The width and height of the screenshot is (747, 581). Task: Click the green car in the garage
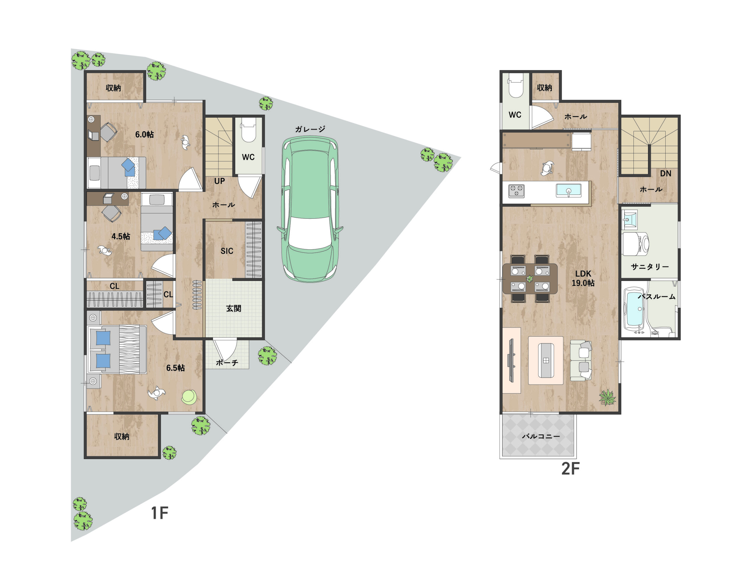click(310, 209)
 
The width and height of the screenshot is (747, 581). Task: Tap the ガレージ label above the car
click(310, 129)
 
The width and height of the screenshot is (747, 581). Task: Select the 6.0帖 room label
click(144, 134)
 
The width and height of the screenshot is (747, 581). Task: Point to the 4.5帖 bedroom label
click(121, 236)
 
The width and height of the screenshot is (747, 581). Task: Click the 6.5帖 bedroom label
click(175, 368)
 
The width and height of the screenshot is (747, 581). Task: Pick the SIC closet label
click(227, 251)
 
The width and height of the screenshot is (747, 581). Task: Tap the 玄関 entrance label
click(234, 309)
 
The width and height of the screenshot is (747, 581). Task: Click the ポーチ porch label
click(227, 363)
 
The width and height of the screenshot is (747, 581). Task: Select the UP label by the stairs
click(220, 181)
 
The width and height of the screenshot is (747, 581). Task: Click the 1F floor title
click(159, 513)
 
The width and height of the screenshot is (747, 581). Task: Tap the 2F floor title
click(570, 468)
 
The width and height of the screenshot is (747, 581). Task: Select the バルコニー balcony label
click(541, 436)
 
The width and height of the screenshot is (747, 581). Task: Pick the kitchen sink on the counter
click(568, 190)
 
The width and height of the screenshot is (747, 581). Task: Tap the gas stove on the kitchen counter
click(516, 191)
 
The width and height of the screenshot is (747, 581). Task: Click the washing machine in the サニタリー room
click(636, 244)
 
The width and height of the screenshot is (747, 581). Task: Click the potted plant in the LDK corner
click(608, 398)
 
